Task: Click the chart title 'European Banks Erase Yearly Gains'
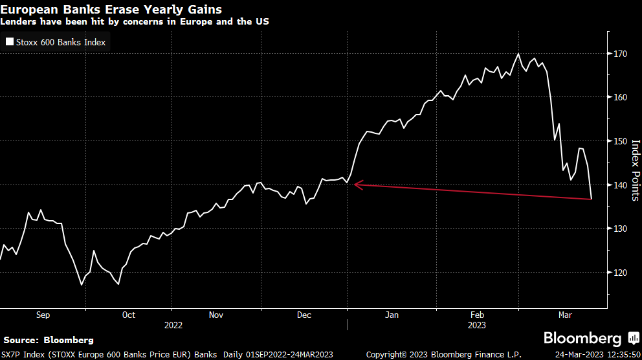(x=111, y=9)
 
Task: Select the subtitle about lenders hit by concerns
(x=135, y=21)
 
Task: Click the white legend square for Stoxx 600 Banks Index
(x=10, y=42)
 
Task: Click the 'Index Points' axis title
(x=635, y=170)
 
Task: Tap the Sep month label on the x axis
(x=43, y=315)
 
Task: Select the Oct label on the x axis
(x=129, y=315)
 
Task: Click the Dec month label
(x=304, y=315)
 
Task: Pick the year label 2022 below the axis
(x=173, y=325)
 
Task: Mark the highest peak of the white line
(x=518, y=54)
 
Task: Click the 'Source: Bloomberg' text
(x=49, y=340)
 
